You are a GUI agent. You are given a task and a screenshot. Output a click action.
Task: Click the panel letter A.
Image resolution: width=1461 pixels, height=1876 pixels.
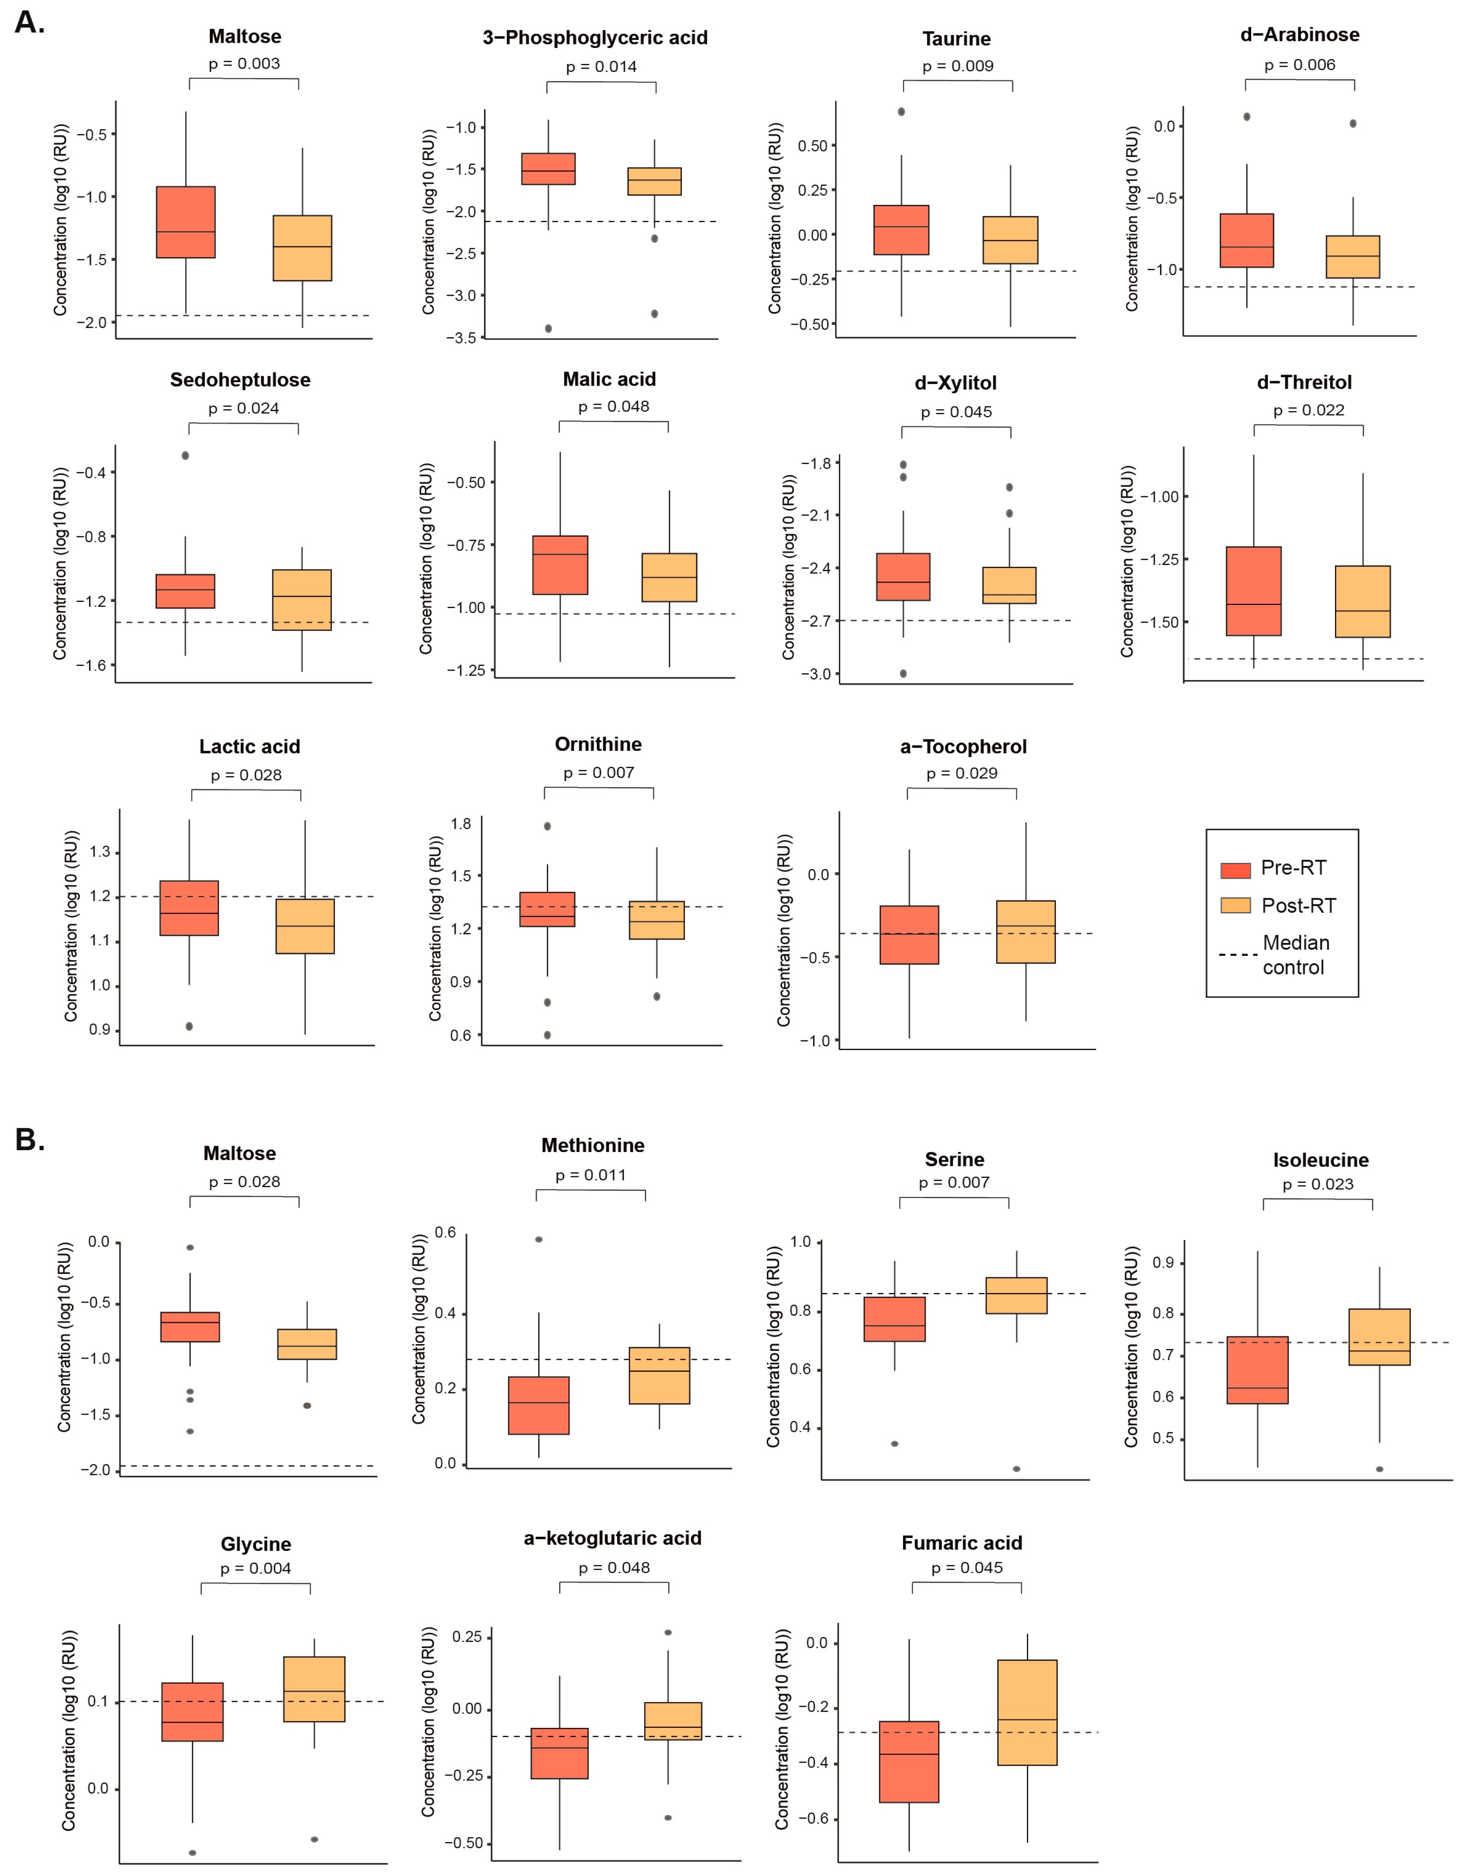pyautogui.click(x=29, y=22)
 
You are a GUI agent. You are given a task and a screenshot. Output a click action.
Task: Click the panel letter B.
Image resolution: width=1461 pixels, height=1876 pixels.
pyautogui.click(x=29, y=1140)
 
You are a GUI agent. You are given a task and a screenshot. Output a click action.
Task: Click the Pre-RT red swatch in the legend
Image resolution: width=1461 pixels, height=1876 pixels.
pyautogui.click(x=1235, y=869)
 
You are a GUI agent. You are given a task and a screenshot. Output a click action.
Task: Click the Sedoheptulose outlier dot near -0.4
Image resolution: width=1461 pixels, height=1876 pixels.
pyautogui.click(x=186, y=455)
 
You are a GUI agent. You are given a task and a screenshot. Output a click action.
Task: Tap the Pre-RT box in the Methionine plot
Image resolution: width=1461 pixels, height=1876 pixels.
pyautogui.click(x=539, y=1405)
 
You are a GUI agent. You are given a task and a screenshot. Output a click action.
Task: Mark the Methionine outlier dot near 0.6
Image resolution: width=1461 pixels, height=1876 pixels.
pyautogui.click(x=539, y=1240)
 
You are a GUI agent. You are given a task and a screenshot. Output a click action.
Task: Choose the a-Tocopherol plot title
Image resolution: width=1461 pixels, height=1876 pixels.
pyautogui.click(x=963, y=747)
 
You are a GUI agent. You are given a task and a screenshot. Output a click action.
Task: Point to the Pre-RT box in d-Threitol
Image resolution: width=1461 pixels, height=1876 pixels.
pyautogui.click(x=1253, y=591)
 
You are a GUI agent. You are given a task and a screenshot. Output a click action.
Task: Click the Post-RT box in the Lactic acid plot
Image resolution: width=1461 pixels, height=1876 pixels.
pyautogui.click(x=305, y=926)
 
